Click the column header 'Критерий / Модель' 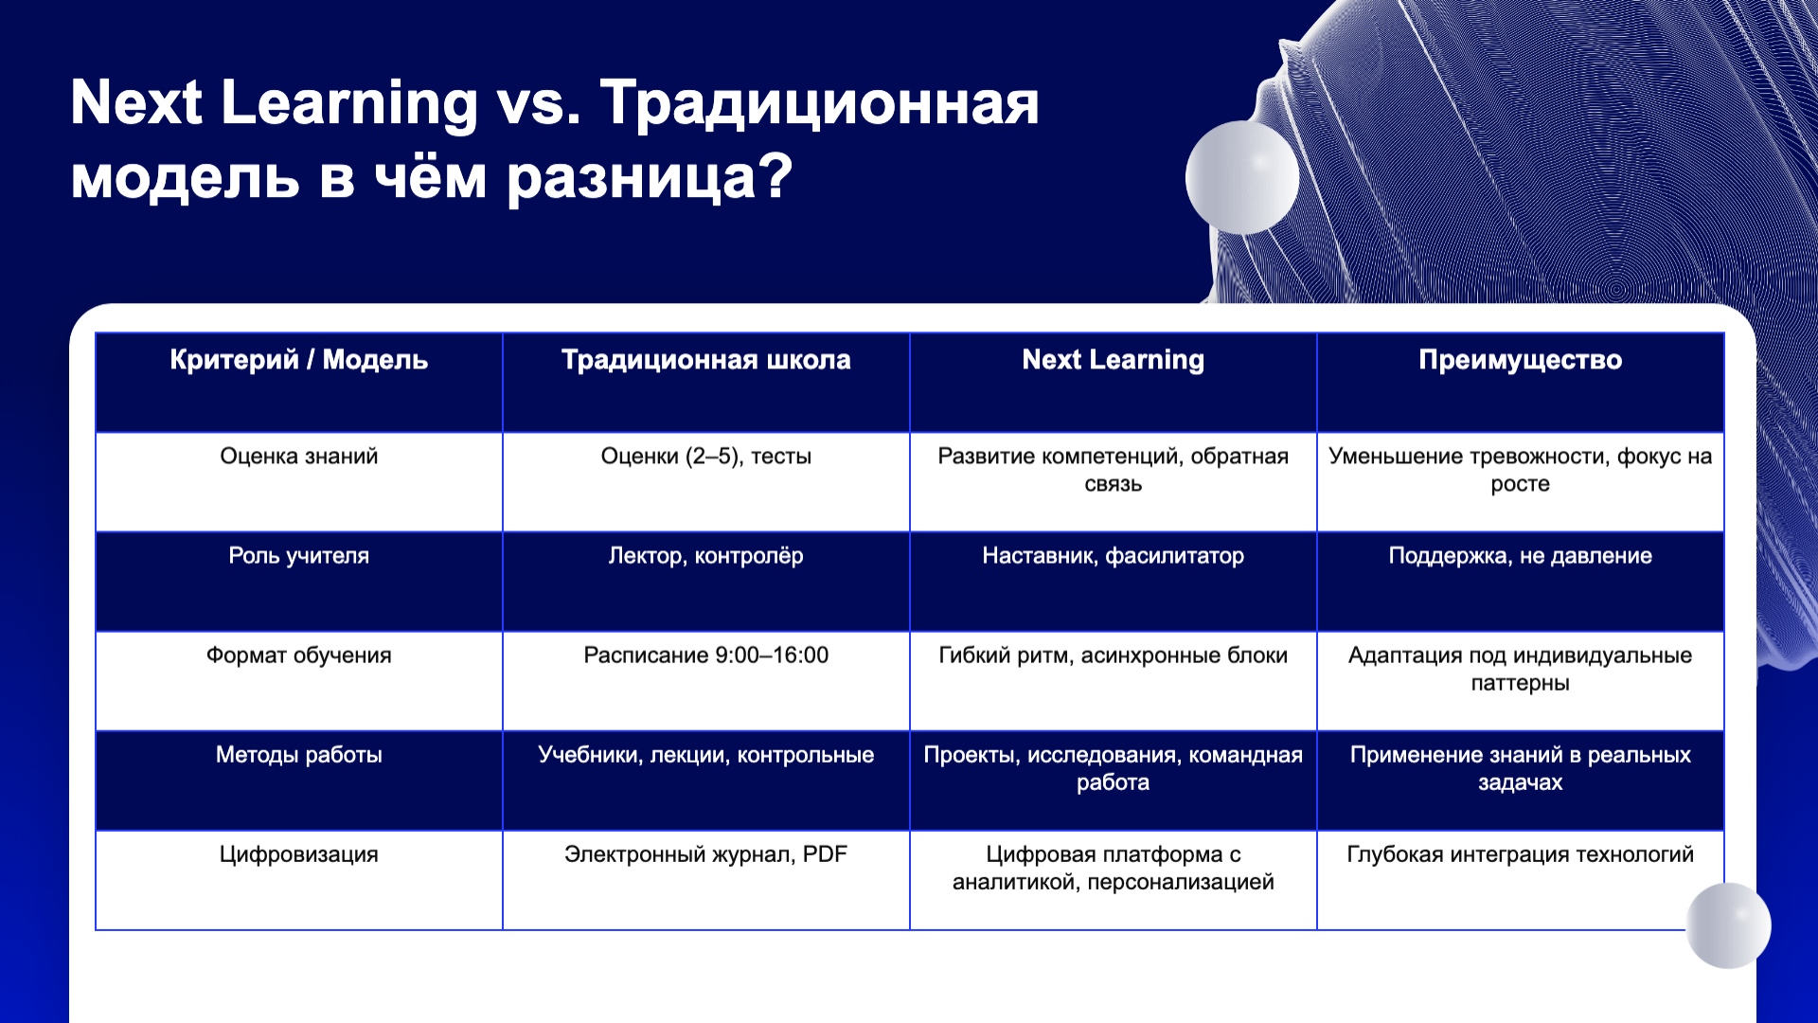click(x=298, y=360)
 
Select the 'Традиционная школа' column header click(x=705, y=360)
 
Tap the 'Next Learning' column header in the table click(x=1113, y=360)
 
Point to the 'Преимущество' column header click(x=1520, y=360)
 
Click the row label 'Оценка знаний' click(x=298, y=457)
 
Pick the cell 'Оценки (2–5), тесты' click(x=705, y=457)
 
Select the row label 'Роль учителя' click(x=298, y=556)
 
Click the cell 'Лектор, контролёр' click(x=705, y=556)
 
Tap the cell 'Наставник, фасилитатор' click(x=1113, y=556)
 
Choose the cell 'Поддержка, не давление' click(x=1520, y=556)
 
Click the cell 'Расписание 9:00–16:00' click(x=705, y=655)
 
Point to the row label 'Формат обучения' click(x=298, y=655)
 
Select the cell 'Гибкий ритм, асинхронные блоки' click(x=1113, y=655)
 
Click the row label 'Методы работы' click(x=298, y=755)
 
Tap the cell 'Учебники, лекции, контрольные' click(x=705, y=755)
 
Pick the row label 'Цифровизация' click(x=298, y=854)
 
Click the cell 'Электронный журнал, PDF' click(x=705, y=854)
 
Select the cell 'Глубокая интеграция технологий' click(x=1520, y=854)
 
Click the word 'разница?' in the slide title click(x=650, y=177)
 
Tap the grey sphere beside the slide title click(x=1241, y=177)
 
